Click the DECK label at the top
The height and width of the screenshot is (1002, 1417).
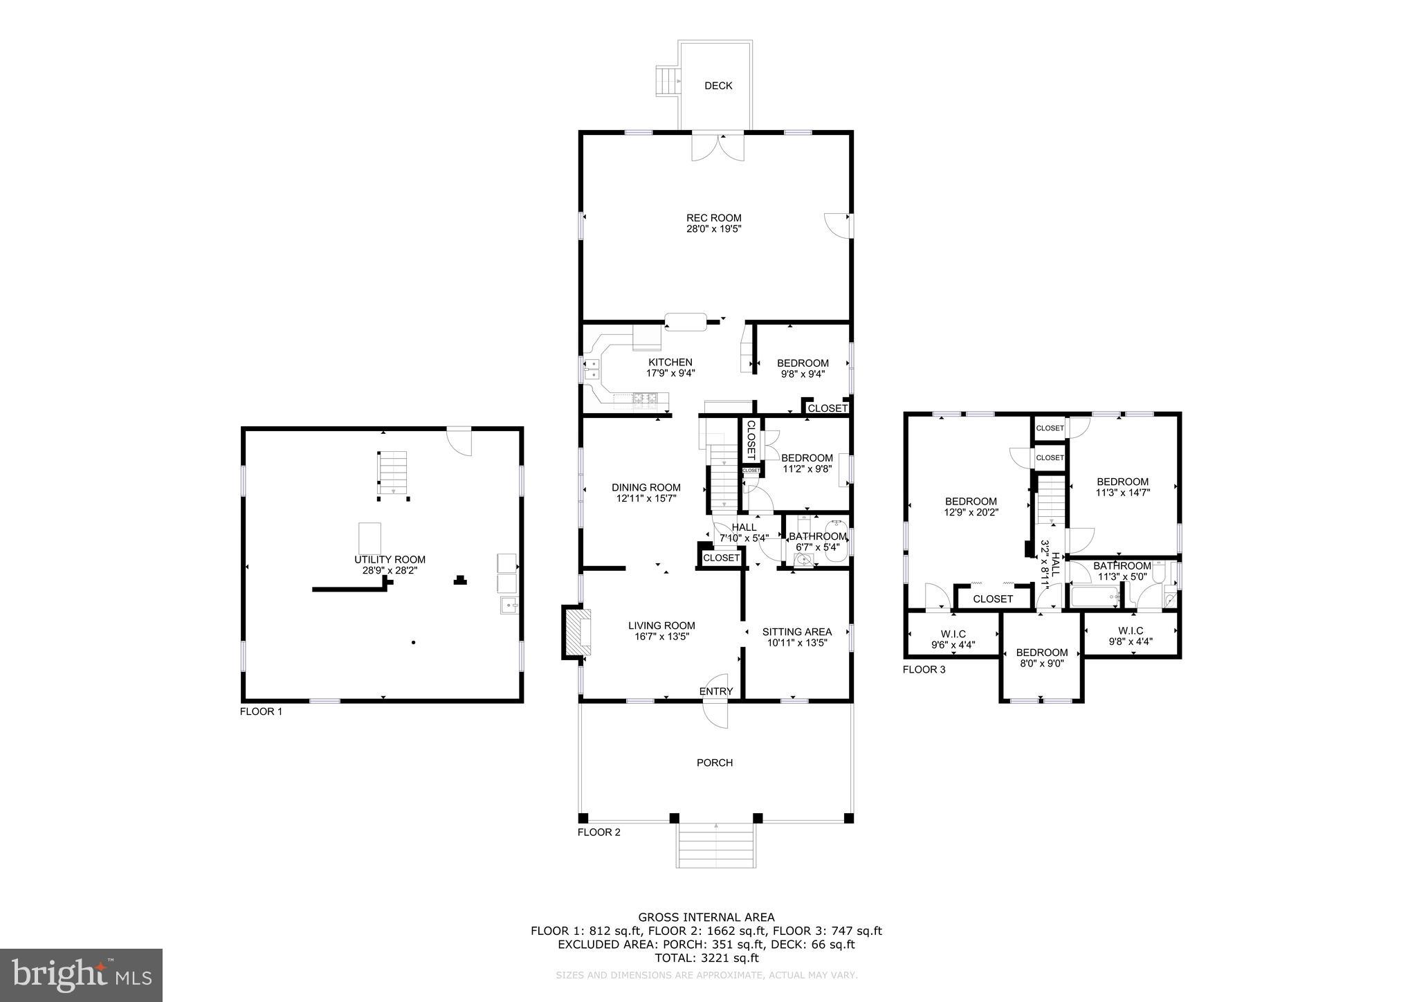point(718,86)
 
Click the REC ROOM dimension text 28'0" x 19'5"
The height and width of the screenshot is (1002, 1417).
point(713,228)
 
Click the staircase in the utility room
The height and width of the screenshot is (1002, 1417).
point(393,473)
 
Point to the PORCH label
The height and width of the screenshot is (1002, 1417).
point(715,763)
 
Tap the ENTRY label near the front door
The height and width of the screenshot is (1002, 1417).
point(716,691)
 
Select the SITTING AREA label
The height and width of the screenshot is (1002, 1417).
point(797,632)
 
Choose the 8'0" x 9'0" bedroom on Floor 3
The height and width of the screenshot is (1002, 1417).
point(1041,657)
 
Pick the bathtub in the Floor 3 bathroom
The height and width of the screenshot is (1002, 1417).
point(1095,597)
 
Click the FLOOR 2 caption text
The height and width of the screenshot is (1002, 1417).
point(599,832)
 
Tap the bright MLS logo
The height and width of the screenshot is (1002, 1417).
point(81,975)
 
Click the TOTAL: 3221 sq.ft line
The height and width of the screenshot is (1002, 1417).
point(706,958)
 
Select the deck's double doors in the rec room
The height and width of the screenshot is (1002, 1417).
point(719,147)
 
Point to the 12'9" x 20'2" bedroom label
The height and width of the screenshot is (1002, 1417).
point(971,507)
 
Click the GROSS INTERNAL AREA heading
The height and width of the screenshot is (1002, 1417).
point(706,918)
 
